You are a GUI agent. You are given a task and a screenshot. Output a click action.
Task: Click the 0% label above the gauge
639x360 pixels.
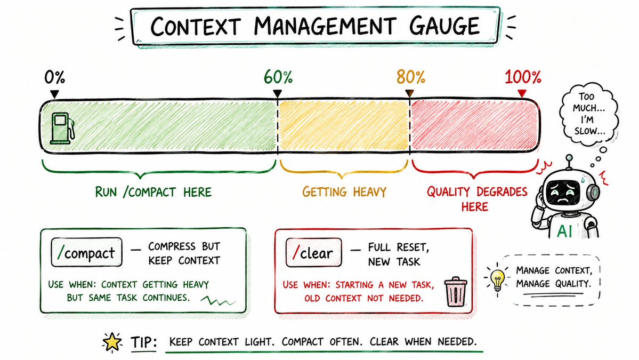[x=54, y=77]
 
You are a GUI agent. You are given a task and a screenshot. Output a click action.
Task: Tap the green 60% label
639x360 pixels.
[x=278, y=77]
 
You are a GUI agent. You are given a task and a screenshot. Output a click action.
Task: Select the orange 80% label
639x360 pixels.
[x=411, y=77]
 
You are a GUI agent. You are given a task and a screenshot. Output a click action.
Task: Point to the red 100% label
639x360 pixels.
[x=523, y=77]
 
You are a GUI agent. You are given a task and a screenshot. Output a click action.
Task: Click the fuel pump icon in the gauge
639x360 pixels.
[x=62, y=129]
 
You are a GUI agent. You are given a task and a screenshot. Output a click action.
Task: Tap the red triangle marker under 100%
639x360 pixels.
[x=522, y=94]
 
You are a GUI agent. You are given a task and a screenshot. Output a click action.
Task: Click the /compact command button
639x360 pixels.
[x=86, y=252]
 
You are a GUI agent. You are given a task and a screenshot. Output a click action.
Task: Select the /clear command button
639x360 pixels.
[x=313, y=253]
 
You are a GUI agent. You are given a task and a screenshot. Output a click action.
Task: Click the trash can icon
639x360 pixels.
[x=456, y=292]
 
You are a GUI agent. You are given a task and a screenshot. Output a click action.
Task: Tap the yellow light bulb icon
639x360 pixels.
[x=497, y=279]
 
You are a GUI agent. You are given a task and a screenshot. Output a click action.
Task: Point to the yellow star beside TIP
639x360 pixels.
[x=112, y=342]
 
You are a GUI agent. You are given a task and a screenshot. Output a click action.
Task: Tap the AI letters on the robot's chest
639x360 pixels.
[x=564, y=231]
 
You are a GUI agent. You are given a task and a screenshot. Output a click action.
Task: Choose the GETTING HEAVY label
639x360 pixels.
[x=344, y=191]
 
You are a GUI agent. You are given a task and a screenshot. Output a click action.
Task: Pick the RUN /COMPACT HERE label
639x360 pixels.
[x=153, y=191]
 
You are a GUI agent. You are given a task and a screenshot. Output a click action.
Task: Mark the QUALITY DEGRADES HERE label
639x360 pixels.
[x=477, y=199]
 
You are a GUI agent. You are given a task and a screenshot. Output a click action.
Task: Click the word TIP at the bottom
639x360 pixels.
[x=143, y=342]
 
